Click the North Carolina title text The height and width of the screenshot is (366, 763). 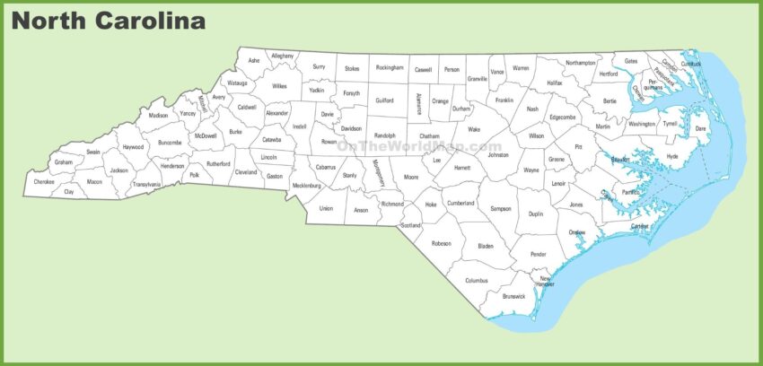coord(109,20)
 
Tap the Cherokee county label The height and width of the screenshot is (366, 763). coord(44,182)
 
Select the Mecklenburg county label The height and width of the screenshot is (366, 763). coord(307,186)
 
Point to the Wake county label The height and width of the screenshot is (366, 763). coord(474,129)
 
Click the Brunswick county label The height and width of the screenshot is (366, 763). coord(514,296)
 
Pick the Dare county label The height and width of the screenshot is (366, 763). coord(701,128)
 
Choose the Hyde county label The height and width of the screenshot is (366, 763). coord(672,157)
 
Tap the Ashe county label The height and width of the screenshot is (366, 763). coord(254,61)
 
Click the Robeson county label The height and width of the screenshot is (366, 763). coord(441,243)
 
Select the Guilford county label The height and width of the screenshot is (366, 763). coord(384,101)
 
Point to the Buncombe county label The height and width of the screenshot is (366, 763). coord(170,142)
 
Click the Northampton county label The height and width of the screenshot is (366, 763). coord(581,63)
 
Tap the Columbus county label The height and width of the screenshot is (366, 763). coord(477,280)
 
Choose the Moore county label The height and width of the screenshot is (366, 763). coord(411,178)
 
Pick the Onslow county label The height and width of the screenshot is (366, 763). coord(577,232)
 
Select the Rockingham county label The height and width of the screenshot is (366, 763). coord(390,67)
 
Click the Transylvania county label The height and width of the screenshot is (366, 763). coord(146,184)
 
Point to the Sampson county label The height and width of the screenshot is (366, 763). coord(501,209)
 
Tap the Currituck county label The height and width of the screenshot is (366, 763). coord(691,64)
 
